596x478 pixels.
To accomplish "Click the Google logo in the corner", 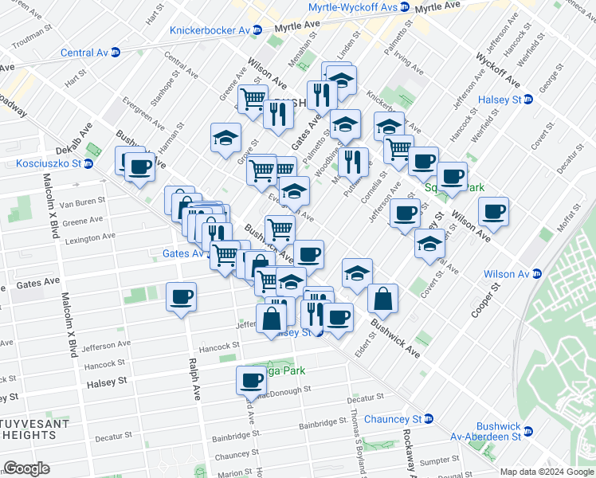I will click(27, 468).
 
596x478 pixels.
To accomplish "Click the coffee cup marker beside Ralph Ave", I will click(181, 297).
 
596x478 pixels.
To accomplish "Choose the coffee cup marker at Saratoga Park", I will click(251, 380).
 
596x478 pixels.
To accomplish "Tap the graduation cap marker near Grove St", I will click(225, 136).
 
